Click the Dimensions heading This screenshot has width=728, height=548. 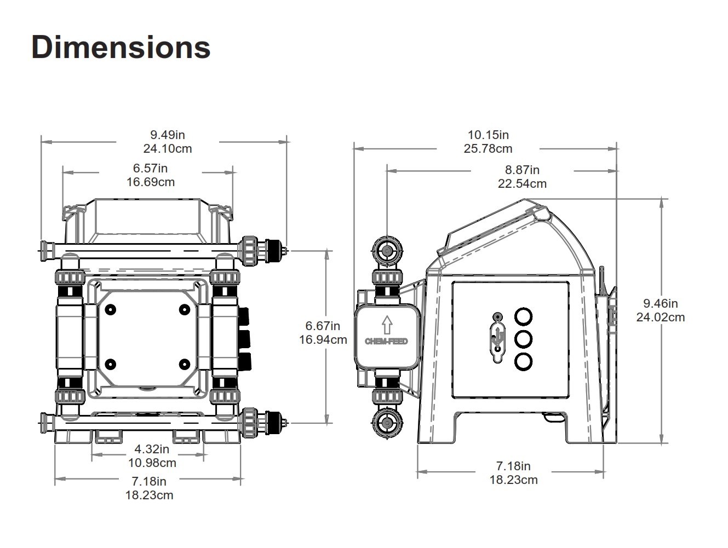pyautogui.click(x=121, y=47)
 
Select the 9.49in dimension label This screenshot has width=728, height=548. pyautogui.click(x=168, y=134)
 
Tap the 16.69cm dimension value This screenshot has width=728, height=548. pyautogui.click(x=151, y=182)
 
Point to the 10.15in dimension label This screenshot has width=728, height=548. pyautogui.click(x=488, y=134)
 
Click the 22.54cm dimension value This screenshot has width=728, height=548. pyautogui.click(x=522, y=184)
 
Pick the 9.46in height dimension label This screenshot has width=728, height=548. pyautogui.click(x=660, y=303)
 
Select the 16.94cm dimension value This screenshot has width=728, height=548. pyautogui.click(x=323, y=339)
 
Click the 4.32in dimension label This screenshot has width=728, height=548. pyautogui.click(x=152, y=449)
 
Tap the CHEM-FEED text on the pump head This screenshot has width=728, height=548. pyautogui.click(x=386, y=342)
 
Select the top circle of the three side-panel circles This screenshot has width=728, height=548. pyautogui.click(x=524, y=316)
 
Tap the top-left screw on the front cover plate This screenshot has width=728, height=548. pyautogui.click(x=111, y=310)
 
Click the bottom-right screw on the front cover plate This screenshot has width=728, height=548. pyautogui.click(x=185, y=364)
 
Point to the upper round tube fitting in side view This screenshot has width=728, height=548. pyautogui.click(x=387, y=251)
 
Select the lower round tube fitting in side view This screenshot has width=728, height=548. pyautogui.click(x=387, y=423)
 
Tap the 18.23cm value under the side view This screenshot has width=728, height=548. pyautogui.click(x=513, y=480)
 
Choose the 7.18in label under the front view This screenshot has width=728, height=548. pyautogui.click(x=149, y=481)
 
